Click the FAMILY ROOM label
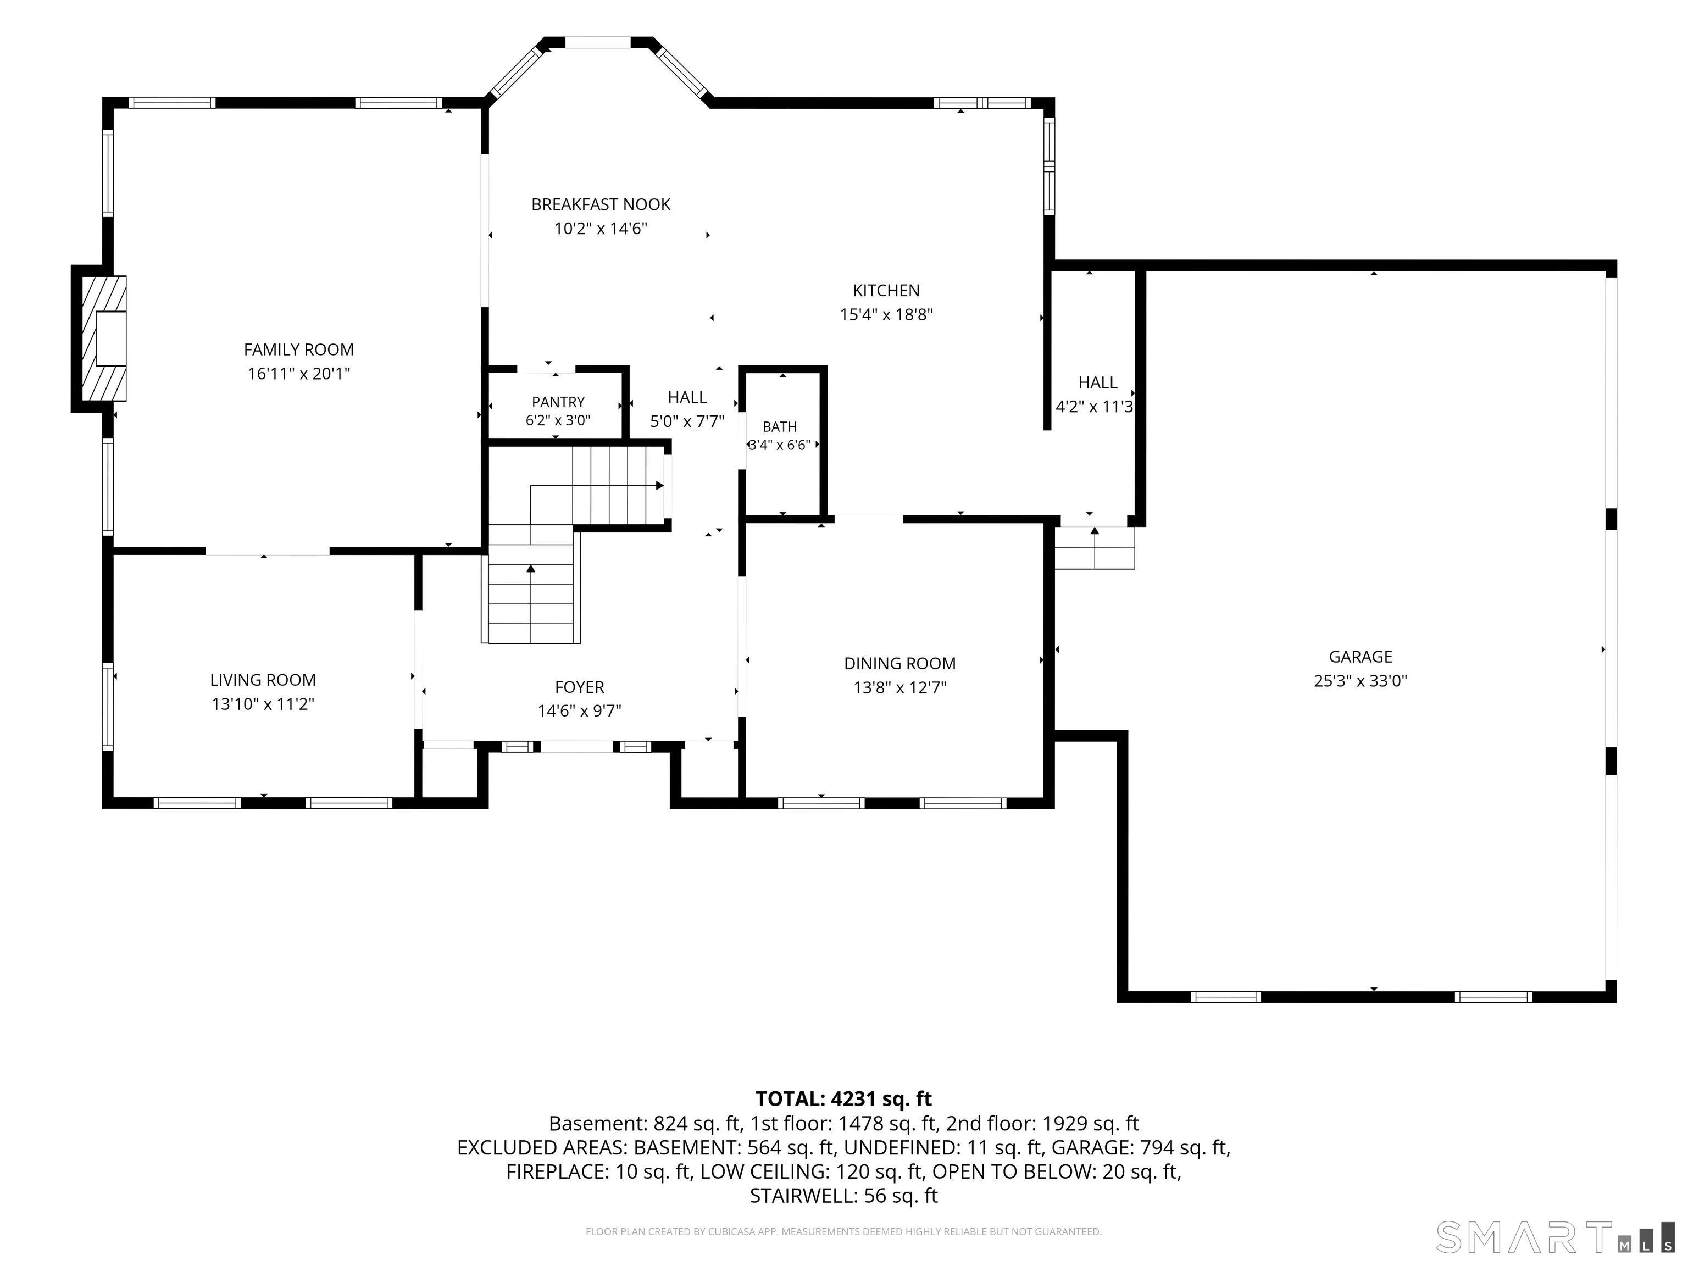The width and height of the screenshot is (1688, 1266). (x=298, y=349)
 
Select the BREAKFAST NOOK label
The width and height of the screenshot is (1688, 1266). (x=601, y=204)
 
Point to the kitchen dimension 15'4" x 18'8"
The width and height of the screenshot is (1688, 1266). (x=886, y=314)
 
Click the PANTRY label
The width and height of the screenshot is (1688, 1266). (x=558, y=402)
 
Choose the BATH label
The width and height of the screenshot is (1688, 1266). (x=779, y=426)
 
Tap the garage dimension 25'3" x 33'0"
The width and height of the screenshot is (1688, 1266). (x=1360, y=681)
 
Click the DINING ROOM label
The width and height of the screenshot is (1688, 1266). (x=899, y=664)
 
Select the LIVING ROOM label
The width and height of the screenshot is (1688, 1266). (x=263, y=680)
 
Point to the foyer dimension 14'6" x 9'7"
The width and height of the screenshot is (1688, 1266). (x=579, y=711)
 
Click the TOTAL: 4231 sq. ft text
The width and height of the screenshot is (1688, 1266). (x=843, y=1099)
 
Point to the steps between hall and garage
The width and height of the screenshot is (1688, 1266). (x=1095, y=548)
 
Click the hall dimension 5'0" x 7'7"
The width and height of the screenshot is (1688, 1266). (x=687, y=421)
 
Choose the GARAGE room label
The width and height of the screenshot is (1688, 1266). (x=1360, y=657)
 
